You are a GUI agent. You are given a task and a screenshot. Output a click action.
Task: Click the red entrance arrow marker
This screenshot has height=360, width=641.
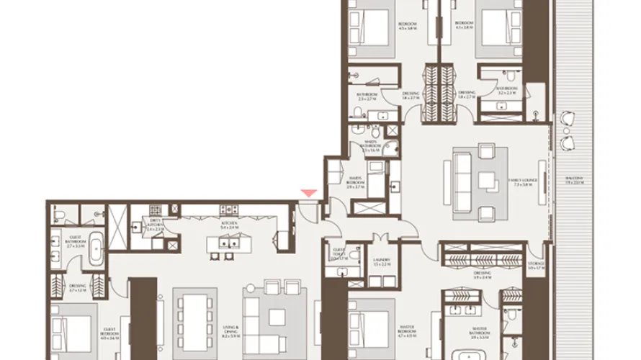tap(308, 192)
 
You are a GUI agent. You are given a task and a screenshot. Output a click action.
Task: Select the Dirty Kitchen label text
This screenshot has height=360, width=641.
tap(156, 227)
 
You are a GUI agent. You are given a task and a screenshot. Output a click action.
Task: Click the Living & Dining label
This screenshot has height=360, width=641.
tap(230, 332)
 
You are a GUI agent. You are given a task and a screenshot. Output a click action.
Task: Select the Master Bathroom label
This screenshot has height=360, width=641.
tap(480, 333)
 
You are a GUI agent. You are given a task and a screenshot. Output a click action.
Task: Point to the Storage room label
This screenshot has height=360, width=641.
tap(536, 266)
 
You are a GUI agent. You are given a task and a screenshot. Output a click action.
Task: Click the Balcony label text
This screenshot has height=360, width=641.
tap(574, 179)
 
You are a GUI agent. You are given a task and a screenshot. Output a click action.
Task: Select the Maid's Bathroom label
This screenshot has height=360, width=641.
tap(372, 146)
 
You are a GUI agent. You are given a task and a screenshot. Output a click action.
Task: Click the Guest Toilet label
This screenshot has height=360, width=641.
tap(339, 254)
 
